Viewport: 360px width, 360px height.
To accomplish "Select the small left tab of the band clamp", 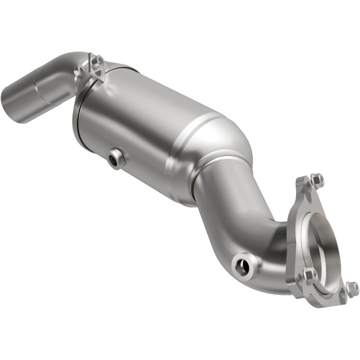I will click(x=81, y=70).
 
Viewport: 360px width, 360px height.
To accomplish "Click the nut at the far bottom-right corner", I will click(x=352, y=289).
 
